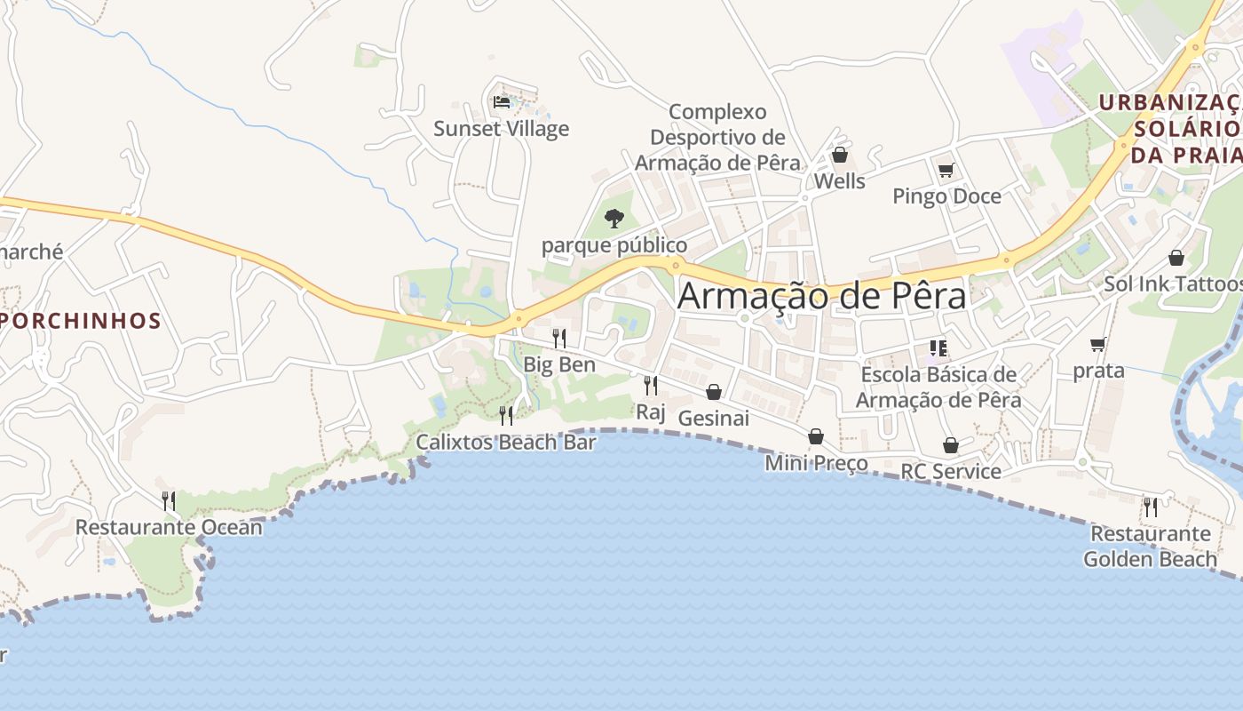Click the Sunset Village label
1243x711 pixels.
point(501,129)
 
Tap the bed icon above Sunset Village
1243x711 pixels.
point(502,102)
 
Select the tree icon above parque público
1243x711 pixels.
point(614,218)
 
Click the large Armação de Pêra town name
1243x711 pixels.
point(821,296)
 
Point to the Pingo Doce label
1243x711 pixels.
point(946,196)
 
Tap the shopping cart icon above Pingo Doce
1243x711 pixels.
point(946,170)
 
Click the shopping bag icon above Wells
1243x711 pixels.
point(839,156)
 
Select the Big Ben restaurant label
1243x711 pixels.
point(558,364)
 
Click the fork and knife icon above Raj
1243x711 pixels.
point(651,385)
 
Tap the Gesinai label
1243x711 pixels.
point(713,418)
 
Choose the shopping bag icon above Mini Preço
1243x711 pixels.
point(816,436)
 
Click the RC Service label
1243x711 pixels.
point(951,471)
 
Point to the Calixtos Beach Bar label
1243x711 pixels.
point(506,442)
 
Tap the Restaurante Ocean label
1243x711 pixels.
point(169,527)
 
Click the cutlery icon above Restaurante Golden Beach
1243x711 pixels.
point(1151,507)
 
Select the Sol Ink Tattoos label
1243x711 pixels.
point(1173,284)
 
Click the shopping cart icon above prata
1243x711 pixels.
point(1098,345)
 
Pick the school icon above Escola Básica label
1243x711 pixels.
point(938,348)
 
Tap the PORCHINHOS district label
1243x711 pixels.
point(80,321)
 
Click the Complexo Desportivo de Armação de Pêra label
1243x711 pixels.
point(717,138)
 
